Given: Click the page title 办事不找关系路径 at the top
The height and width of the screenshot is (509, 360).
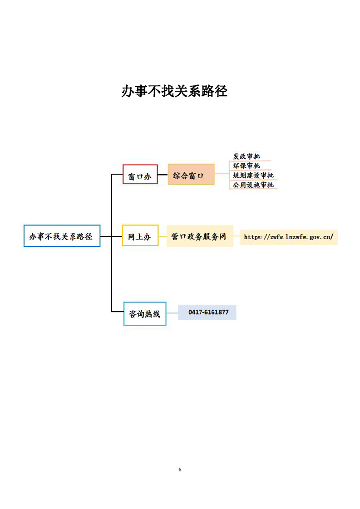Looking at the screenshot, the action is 174,91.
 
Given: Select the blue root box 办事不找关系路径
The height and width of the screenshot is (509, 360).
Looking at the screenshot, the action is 62,235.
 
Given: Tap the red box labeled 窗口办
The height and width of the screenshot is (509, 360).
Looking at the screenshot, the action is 140,174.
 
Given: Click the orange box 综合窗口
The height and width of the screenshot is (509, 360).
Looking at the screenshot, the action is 191,174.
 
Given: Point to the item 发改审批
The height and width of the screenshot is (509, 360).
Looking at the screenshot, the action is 247,156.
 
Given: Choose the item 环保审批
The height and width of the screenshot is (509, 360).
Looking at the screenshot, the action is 247,166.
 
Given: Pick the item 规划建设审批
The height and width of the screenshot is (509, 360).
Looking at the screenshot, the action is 253,175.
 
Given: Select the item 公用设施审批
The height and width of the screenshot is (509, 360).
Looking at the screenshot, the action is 253,185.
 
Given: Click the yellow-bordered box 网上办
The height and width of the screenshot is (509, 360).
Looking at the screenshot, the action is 140,235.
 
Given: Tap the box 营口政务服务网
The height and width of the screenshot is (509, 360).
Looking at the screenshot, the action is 200,236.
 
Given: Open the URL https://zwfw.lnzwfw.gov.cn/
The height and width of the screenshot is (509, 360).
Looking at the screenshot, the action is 289,237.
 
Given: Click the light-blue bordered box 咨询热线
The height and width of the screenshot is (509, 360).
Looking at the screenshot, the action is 145,313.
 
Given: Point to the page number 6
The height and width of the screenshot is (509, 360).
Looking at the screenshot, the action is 180,470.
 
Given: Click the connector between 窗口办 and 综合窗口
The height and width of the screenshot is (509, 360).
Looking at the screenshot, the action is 163,175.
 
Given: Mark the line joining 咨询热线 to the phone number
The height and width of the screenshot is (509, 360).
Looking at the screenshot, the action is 172,313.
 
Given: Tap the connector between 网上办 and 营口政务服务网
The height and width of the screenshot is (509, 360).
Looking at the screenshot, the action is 163,236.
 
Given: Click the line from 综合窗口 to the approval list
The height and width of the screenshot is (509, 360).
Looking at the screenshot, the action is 222,174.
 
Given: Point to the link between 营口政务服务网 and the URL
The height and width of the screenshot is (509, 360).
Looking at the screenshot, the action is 237,236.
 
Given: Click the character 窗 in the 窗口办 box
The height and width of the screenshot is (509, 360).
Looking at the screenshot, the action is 132,176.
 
